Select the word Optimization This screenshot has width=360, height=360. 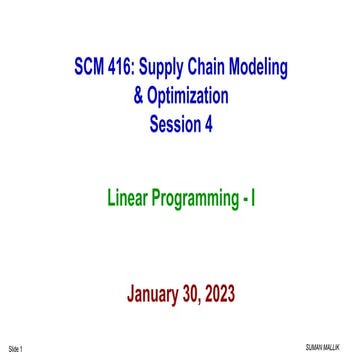[x=188, y=97]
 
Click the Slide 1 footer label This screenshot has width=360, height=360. [x=15, y=348]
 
